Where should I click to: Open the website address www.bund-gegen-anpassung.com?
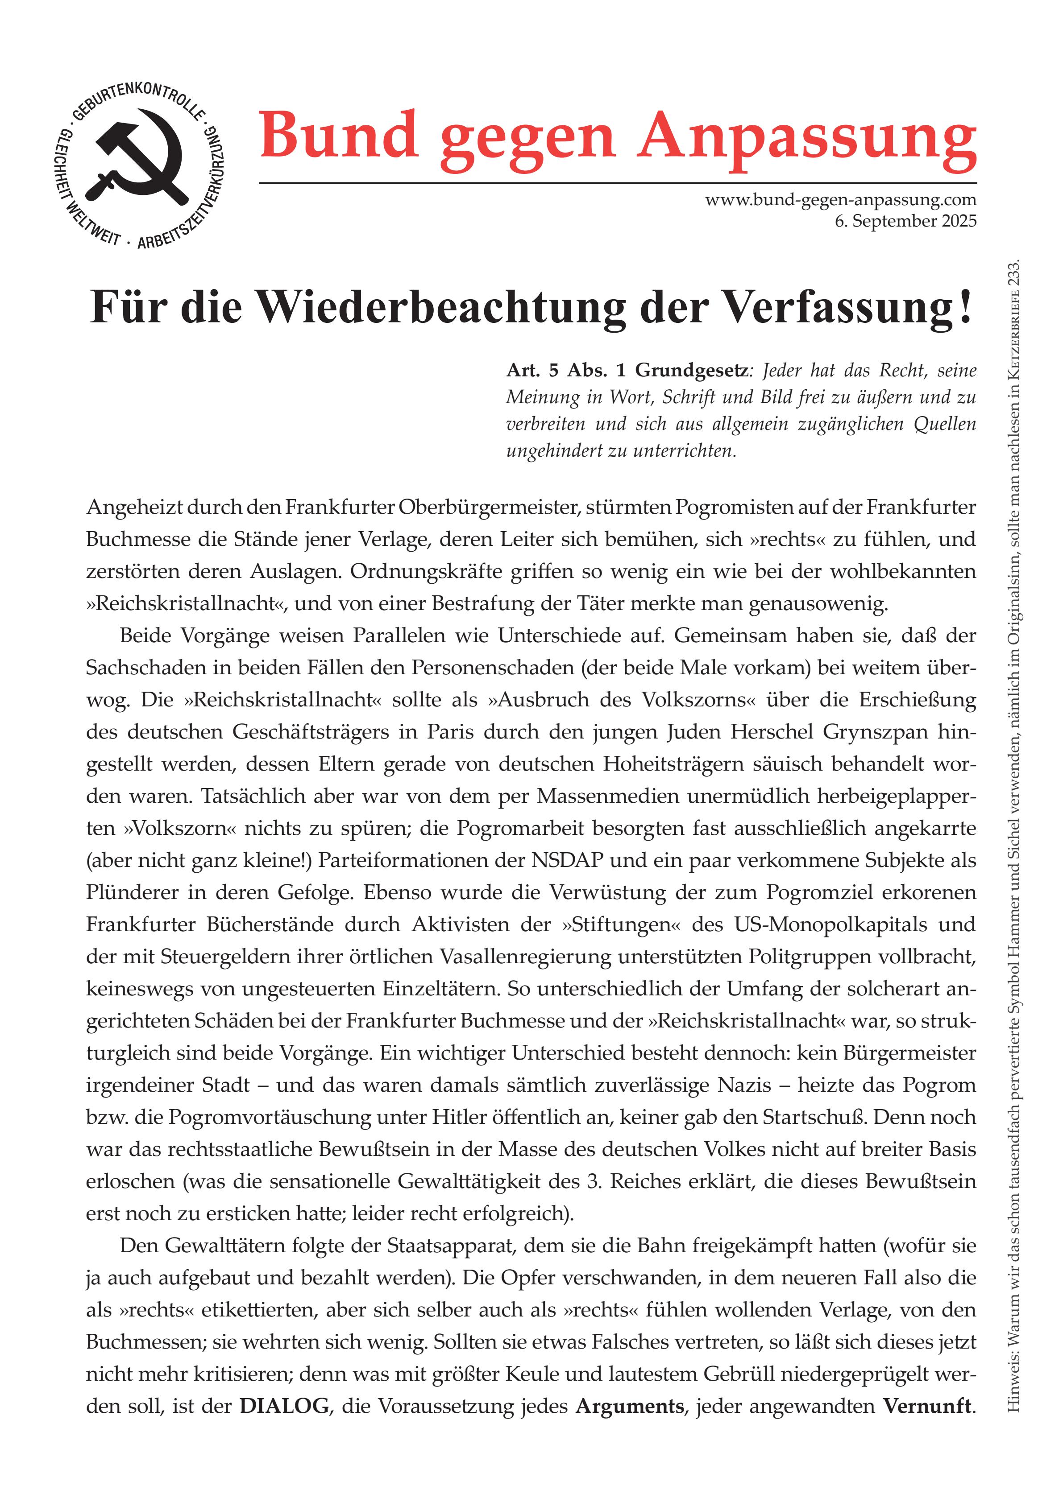tap(840, 199)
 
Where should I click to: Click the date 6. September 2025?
tap(905, 221)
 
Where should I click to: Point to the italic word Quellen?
tap(945, 424)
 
